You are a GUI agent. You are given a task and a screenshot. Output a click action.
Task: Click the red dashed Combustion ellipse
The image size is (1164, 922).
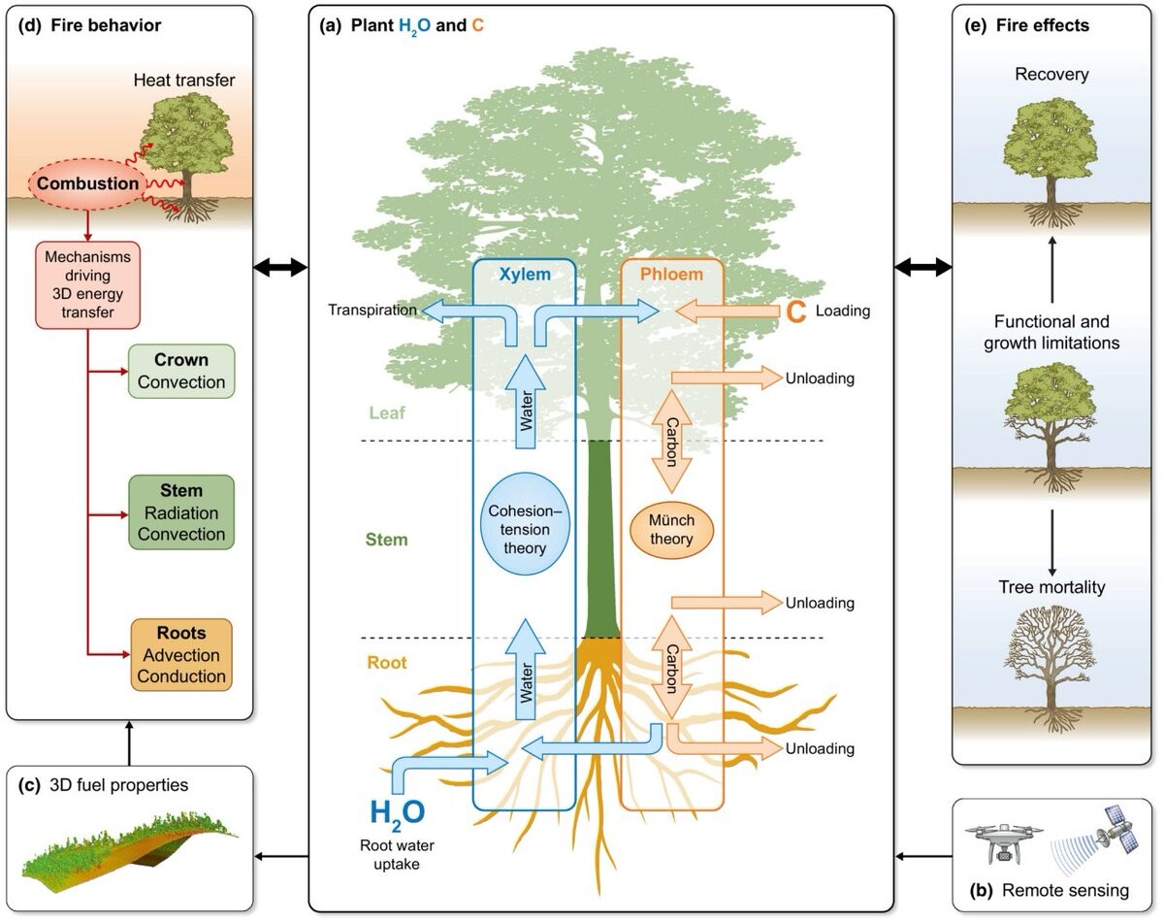[88, 183]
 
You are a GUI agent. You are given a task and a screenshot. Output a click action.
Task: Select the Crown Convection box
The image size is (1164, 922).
[180, 371]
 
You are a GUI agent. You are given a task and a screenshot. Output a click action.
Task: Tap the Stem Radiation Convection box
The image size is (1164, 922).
[180, 512]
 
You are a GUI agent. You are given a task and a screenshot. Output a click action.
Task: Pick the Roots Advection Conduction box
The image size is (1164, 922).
[181, 654]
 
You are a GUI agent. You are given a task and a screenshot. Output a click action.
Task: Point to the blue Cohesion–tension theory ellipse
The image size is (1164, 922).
[525, 526]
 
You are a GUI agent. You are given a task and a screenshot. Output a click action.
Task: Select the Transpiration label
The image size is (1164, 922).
[372, 311]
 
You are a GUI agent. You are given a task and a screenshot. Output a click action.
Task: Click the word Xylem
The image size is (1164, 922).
[524, 275]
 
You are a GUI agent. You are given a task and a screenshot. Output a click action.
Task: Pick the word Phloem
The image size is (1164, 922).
[671, 275]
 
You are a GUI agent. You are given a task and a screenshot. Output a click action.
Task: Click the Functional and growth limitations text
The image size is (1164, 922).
[1051, 331]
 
